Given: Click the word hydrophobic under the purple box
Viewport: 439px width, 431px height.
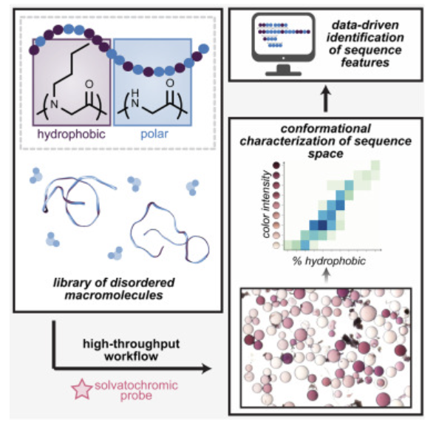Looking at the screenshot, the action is pyautogui.click(x=72, y=135).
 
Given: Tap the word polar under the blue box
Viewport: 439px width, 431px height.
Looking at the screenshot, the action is pyautogui.click(x=154, y=135).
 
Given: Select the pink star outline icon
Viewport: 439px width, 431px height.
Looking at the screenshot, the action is pyautogui.click(x=82, y=390).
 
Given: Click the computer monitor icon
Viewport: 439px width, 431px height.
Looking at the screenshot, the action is pyautogui.click(x=283, y=44).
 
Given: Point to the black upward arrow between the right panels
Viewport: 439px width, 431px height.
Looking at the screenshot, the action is pyautogui.click(x=325, y=99).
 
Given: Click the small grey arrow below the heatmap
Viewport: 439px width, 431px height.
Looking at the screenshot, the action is pyautogui.click(x=326, y=276).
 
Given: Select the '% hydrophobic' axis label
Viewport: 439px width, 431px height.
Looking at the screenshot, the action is pyautogui.click(x=329, y=261).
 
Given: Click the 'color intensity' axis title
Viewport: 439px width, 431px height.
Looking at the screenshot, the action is pyautogui.click(x=267, y=204).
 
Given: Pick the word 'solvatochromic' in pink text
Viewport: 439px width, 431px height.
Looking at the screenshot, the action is pyautogui.click(x=136, y=385).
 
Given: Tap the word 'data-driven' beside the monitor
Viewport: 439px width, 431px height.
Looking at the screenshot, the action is pyautogui.click(x=365, y=25).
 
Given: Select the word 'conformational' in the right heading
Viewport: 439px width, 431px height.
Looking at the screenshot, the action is pyautogui.click(x=326, y=129).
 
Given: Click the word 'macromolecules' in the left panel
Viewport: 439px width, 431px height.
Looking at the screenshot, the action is pyautogui.click(x=114, y=296).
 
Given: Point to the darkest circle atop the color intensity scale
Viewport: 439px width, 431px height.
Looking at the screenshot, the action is pyautogui.click(x=276, y=166).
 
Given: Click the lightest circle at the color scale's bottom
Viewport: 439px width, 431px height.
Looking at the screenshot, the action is pyautogui.click(x=276, y=245).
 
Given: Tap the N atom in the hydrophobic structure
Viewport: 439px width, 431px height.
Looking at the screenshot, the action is pyautogui.click(x=54, y=104).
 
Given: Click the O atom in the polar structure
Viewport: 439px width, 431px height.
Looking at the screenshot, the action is pyautogui.click(x=170, y=84).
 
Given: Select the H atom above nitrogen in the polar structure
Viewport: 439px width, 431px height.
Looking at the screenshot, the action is pyautogui.click(x=135, y=93).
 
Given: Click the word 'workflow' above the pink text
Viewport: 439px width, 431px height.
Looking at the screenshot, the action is pyautogui.click(x=132, y=356).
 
